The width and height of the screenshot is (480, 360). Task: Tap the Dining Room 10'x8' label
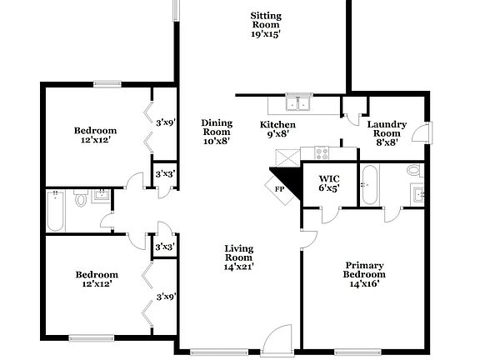[217, 132]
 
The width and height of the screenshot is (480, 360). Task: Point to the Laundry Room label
[387, 132]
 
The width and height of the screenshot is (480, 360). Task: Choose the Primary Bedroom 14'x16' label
[365, 274]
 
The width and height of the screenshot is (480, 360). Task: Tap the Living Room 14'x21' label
[238, 257]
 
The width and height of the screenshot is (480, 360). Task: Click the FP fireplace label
[280, 189]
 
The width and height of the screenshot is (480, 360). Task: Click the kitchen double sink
[297, 104]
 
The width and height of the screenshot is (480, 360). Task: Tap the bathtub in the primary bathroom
[371, 184]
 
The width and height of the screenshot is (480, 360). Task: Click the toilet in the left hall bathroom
[81, 201]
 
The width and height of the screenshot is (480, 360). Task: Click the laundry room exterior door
[424, 132]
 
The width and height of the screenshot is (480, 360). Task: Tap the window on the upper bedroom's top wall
[106, 82]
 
